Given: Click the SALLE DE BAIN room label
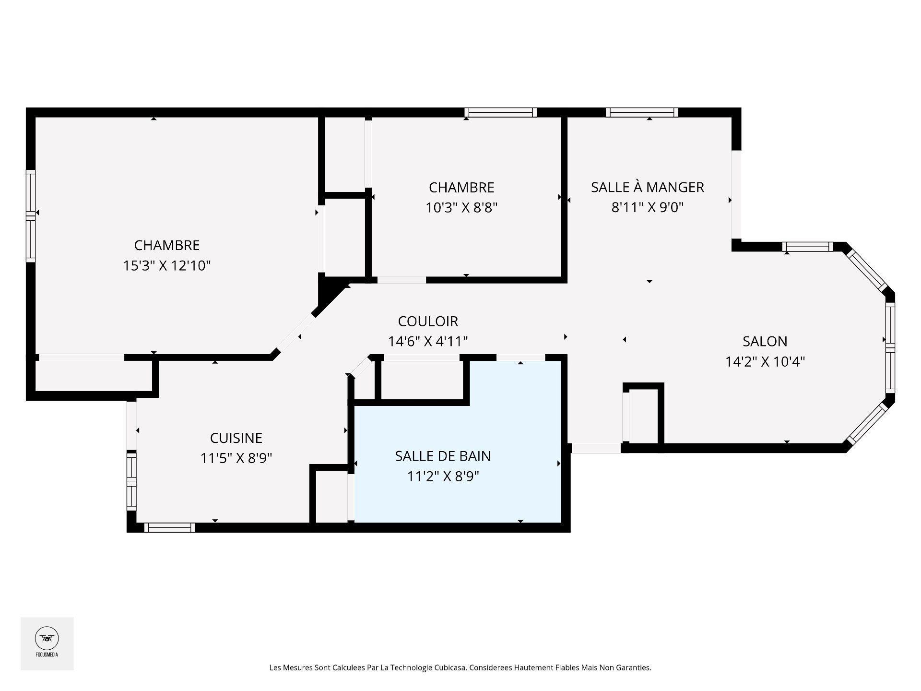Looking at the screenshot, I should point(443,456).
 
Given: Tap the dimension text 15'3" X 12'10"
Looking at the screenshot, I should point(167,265).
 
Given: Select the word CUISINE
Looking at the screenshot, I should point(236,438).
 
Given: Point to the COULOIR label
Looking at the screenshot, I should point(428,321).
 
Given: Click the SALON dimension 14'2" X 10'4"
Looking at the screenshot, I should point(765,361).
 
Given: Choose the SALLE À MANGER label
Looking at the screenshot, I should point(647,187).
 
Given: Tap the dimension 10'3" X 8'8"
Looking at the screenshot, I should point(461,208).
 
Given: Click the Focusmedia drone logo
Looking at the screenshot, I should point(47,639).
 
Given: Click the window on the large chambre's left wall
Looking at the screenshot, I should point(31,215).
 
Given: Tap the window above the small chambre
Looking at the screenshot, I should point(500,112).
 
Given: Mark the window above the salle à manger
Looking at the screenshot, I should point(642,112).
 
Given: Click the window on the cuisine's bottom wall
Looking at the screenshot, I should point(170,527).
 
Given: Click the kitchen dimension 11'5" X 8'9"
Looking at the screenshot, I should point(236,458).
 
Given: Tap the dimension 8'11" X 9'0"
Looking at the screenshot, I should point(647,207).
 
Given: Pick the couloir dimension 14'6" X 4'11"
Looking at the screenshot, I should point(428,341).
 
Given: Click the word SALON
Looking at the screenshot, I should point(765,341).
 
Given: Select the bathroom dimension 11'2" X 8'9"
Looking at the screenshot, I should point(443,477).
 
